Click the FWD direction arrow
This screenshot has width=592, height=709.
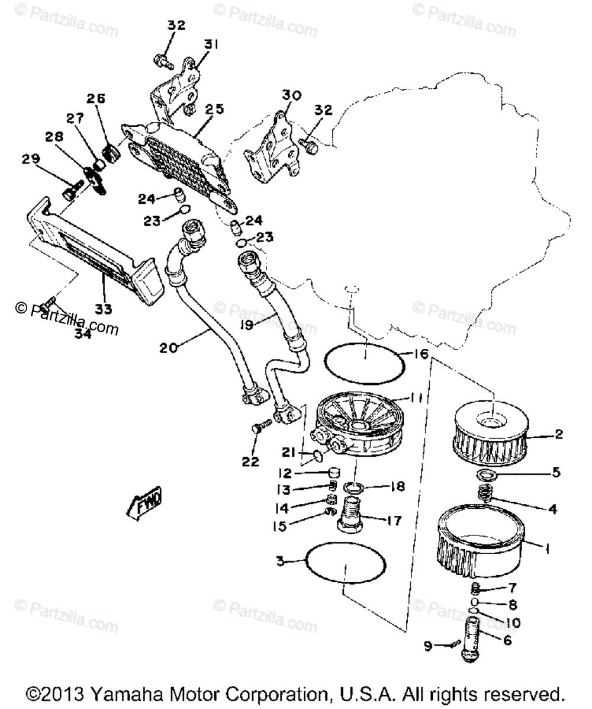click(x=144, y=505)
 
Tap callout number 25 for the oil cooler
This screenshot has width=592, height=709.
click(x=214, y=109)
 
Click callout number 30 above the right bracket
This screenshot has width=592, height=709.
click(x=291, y=95)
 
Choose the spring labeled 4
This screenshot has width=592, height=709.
click(x=485, y=493)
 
